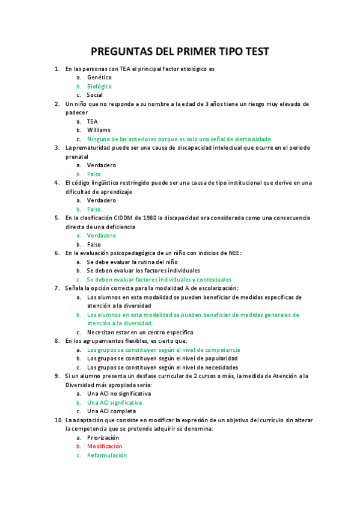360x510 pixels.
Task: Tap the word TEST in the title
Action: click(255, 52)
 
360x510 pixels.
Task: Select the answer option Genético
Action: click(99, 78)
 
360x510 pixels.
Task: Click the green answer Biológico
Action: click(99, 87)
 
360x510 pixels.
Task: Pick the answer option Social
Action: click(95, 95)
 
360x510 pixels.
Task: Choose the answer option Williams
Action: click(99, 130)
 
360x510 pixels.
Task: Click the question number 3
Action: click(56, 147)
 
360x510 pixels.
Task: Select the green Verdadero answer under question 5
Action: click(102, 235)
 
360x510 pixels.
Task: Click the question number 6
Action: click(56, 253)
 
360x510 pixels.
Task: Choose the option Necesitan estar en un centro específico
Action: click(140, 332)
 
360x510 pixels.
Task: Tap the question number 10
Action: click(58, 420)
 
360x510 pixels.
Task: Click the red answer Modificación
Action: click(105, 446)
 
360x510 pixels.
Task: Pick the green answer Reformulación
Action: click(107, 455)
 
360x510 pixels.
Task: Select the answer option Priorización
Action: click(103, 438)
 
